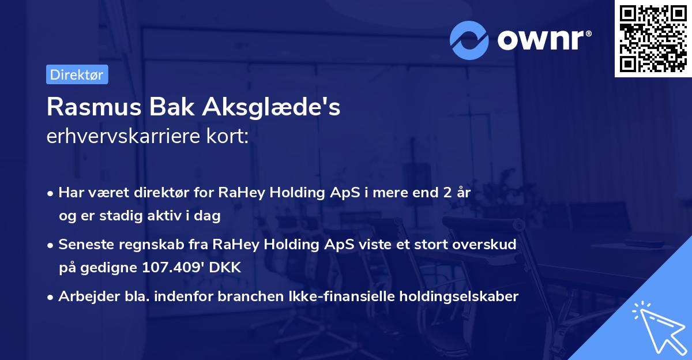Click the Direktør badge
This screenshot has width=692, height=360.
[77, 74]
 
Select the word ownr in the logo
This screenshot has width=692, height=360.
[544, 40]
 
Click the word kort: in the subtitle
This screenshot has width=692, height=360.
[230, 137]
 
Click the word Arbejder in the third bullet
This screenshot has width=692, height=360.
[83, 297]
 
